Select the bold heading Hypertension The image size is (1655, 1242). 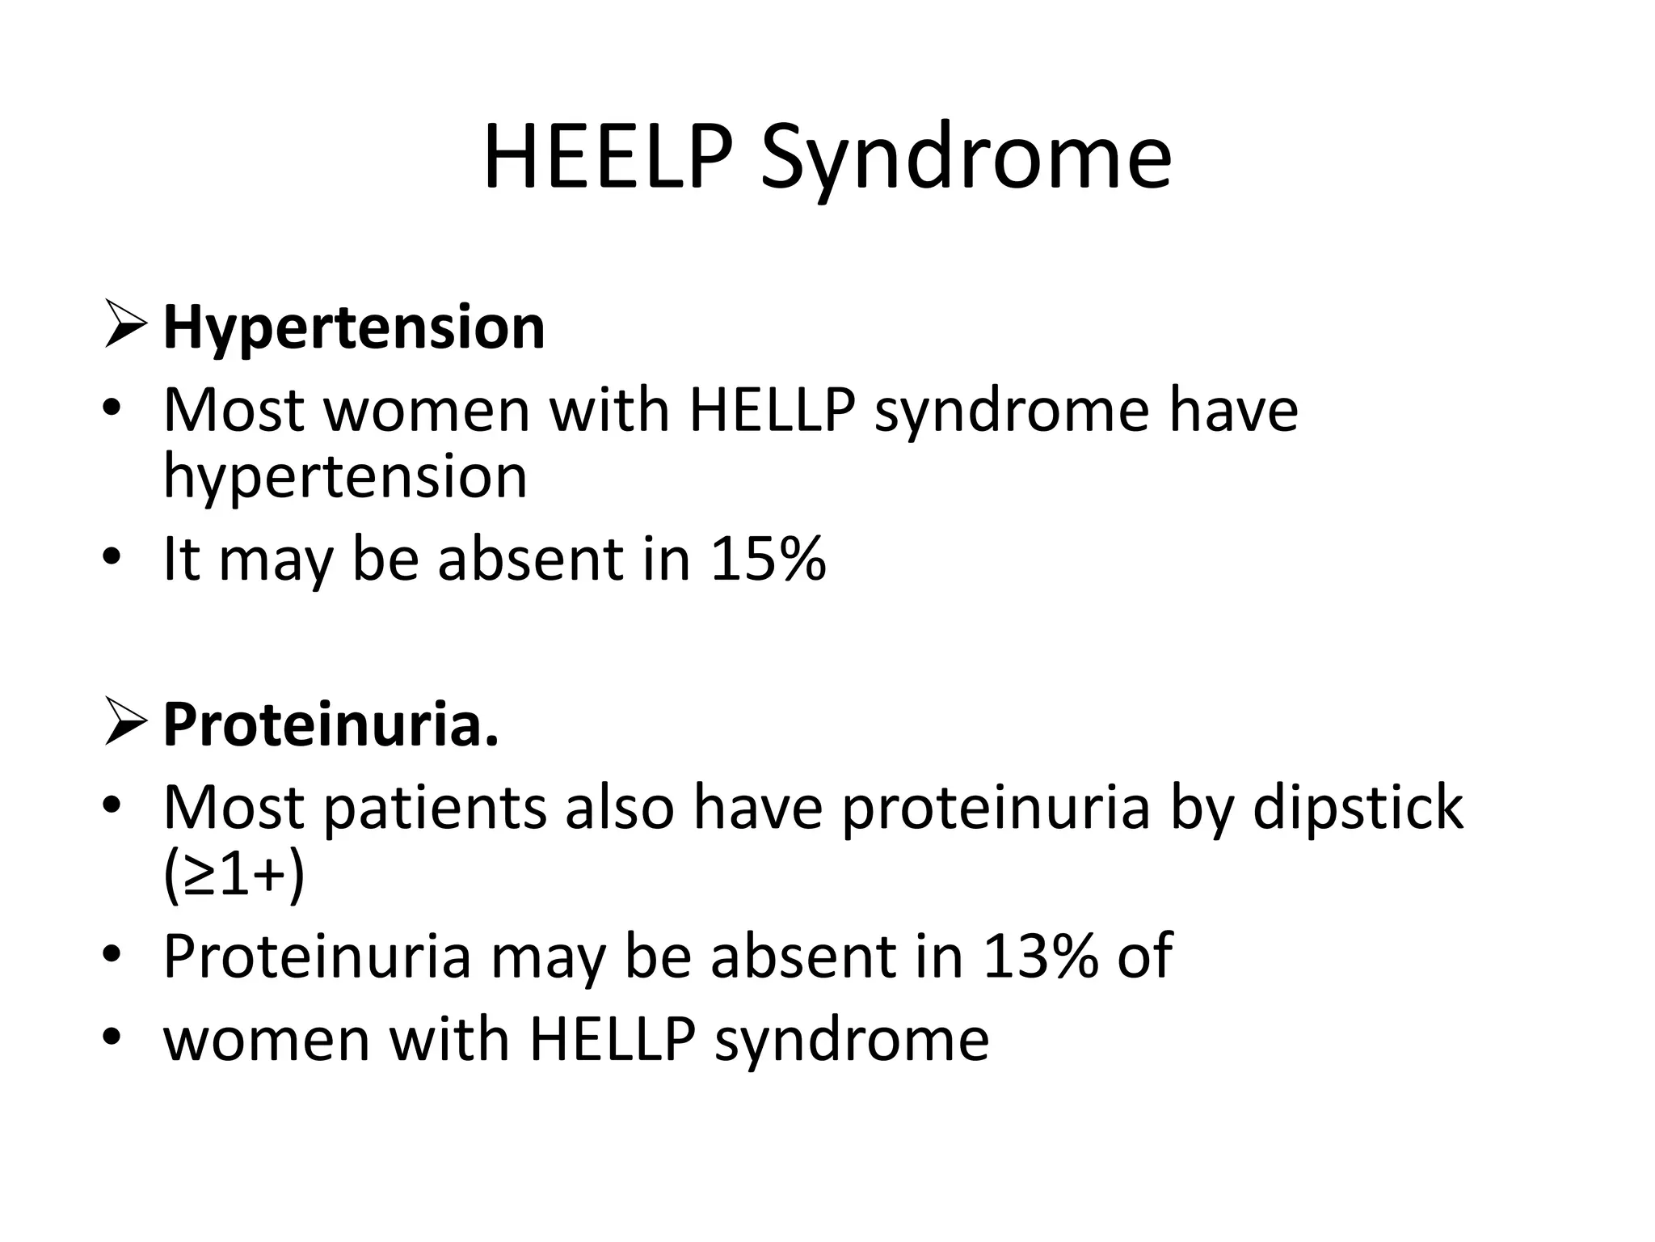[x=354, y=329]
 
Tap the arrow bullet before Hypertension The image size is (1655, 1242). [x=125, y=325]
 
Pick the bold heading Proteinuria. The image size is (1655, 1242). [x=331, y=725]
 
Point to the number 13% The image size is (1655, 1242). [x=1041, y=956]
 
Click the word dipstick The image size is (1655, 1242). [x=1358, y=809]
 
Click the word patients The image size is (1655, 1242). [x=435, y=809]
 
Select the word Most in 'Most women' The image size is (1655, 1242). [x=233, y=411]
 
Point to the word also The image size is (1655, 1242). [x=619, y=809]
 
